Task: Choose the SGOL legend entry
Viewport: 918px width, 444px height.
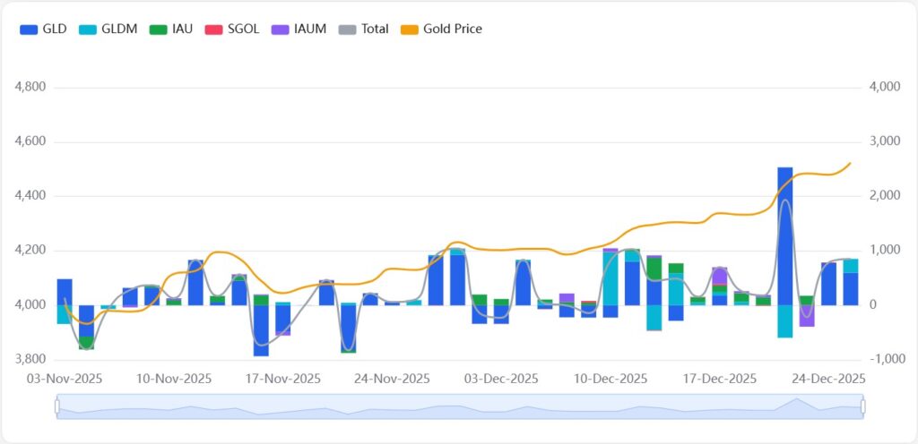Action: [x=232, y=29]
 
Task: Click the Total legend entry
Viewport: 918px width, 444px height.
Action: [x=364, y=29]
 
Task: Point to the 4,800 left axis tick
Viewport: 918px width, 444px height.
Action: [x=31, y=88]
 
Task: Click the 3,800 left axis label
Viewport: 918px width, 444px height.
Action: [x=31, y=360]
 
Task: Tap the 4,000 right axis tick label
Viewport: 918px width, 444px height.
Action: [x=884, y=88]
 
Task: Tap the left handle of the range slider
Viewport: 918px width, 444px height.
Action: [x=57, y=407]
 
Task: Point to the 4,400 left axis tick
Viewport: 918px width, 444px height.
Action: [x=31, y=196]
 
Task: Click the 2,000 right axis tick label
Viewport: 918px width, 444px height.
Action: [x=884, y=196]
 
